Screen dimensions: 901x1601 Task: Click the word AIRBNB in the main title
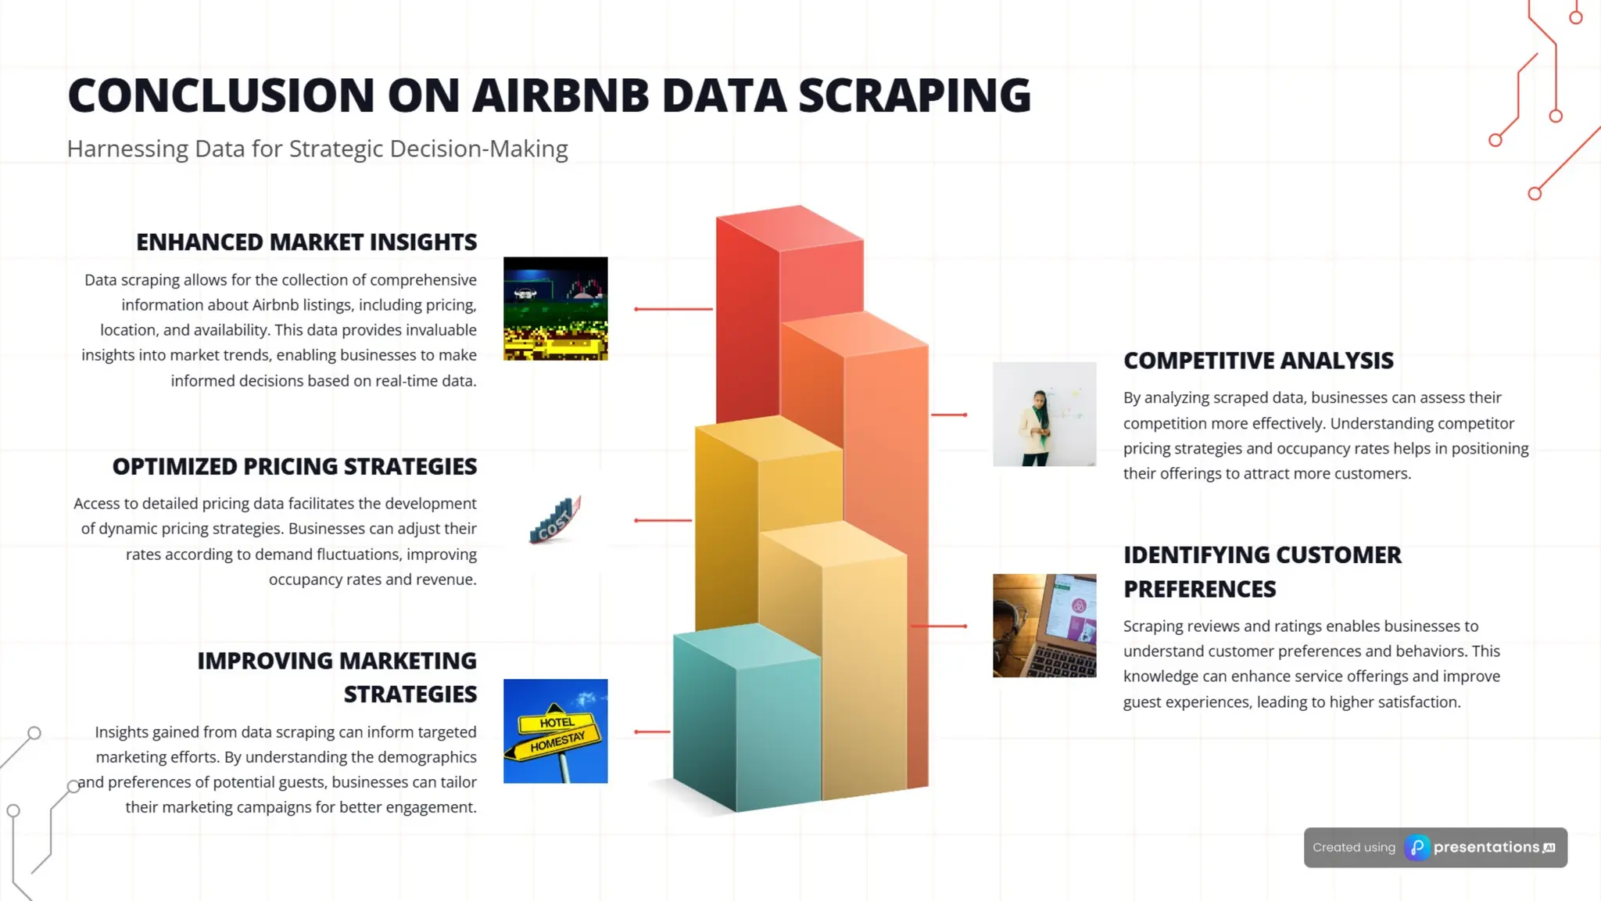[x=560, y=95]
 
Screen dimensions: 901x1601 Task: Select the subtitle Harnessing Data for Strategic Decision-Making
[x=317, y=149]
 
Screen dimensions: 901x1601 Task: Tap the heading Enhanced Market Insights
[x=306, y=242]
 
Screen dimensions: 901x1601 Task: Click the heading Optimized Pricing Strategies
[x=294, y=466]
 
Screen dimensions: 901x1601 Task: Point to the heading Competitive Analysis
[x=1258, y=361]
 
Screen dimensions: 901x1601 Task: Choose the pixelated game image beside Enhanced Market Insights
[x=555, y=309]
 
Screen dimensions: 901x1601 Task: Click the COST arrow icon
[x=554, y=520]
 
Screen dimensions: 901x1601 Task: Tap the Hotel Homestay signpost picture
[x=555, y=731]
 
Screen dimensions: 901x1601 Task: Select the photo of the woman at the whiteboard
[x=1044, y=414]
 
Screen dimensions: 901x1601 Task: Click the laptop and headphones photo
[x=1044, y=626]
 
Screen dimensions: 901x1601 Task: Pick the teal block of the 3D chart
[x=743, y=720]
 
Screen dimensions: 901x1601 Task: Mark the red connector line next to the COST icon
[x=663, y=520]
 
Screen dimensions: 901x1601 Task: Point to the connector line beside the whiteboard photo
[x=949, y=415]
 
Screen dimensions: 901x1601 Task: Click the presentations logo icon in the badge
[x=1417, y=848]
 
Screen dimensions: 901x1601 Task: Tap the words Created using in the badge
[x=1353, y=848]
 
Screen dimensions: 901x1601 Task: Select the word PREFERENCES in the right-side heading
[x=1199, y=589]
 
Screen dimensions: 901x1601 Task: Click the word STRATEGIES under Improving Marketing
[x=410, y=695]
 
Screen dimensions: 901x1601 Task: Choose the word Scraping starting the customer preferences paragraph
[x=1152, y=626]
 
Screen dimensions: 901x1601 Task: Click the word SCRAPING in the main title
[x=914, y=95]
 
